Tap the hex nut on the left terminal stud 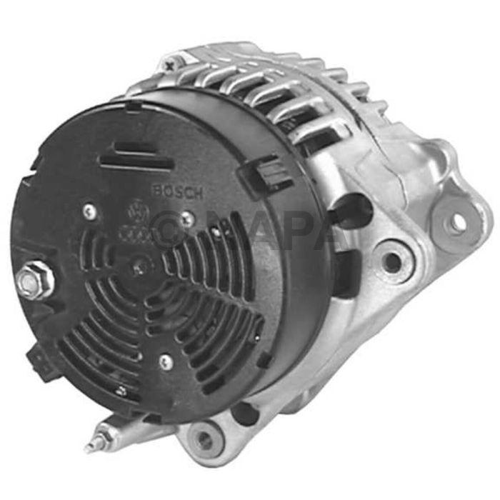pyautogui.click(x=29, y=283)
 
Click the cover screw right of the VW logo pyautogui.click(x=187, y=219)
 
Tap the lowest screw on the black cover pyautogui.click(x=164, y=361)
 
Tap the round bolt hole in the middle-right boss pyautogui.click(x=391, y=261)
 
